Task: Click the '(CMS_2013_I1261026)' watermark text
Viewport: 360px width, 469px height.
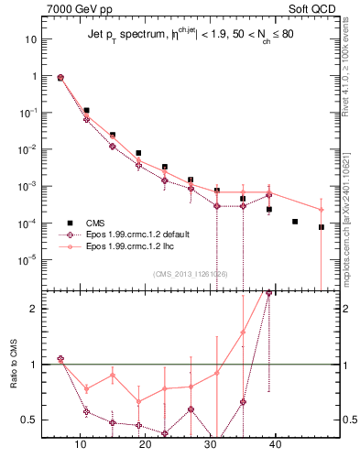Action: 191,274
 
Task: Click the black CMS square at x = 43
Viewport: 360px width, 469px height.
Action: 295,222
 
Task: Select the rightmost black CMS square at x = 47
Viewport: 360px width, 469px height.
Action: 322,227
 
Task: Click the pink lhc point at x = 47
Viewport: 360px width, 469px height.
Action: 322,210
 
